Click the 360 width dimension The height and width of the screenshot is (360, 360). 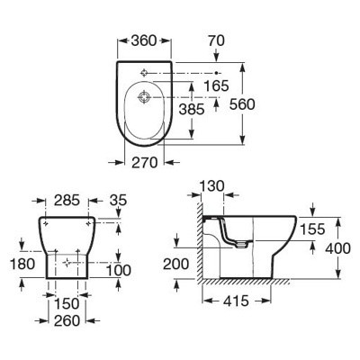144,40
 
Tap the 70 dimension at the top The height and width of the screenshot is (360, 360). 216,40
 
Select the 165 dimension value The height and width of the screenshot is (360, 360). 216,85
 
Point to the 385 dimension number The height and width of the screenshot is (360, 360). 192,109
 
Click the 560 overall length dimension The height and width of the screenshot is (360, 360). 242,104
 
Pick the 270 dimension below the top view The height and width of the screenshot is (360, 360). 145,163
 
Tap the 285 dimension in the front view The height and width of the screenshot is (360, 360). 67,201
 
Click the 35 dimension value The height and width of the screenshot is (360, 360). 118,201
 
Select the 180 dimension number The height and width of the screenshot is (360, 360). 22,265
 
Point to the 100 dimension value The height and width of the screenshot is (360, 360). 119,271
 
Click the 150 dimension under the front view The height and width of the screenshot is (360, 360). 67,304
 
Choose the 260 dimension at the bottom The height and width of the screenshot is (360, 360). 67,321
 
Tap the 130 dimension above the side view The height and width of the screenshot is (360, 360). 211,186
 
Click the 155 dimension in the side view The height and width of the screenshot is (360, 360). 312,229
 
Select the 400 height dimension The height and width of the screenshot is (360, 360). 337,248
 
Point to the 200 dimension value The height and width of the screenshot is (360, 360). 175,265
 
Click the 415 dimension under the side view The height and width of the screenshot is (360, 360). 236,301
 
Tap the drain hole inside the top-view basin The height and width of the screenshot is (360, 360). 144,97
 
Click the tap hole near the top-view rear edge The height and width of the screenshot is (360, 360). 144,73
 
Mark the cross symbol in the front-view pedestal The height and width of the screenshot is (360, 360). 67,262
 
